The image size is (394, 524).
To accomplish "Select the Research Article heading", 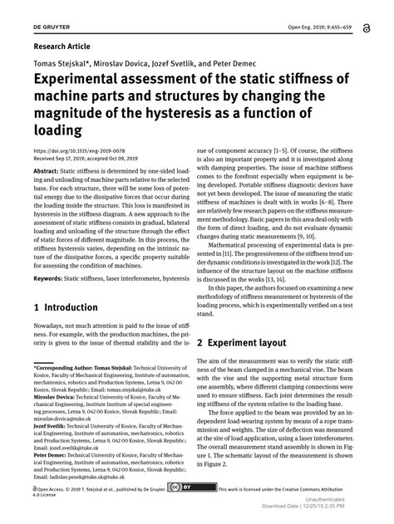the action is [x=62, y=47].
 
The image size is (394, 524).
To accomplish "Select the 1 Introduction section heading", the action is [x=66, y=307].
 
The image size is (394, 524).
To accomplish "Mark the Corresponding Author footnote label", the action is [x=71, y=366].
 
